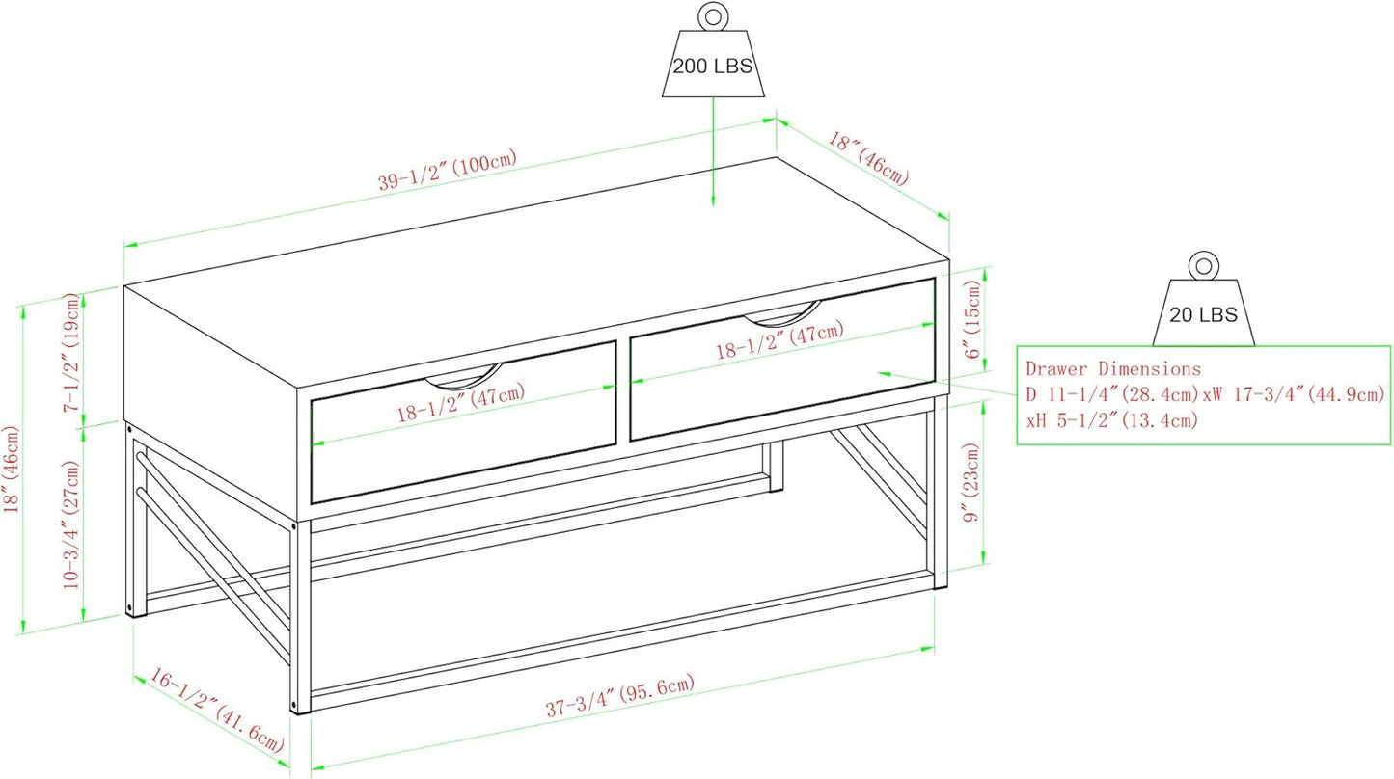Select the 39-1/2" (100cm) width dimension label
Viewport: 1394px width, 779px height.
pos(448,170)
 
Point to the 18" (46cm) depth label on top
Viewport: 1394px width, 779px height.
pos(867,158)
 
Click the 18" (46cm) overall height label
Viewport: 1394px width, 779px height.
pos(12,470)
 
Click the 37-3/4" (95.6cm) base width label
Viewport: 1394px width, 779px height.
pos(620,696)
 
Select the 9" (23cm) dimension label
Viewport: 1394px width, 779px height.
pos(971,482)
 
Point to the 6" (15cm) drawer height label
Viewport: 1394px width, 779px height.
pos(971,319)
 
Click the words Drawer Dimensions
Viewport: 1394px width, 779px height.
pos(1113,368)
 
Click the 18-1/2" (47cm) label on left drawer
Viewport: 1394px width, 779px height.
pos(461,402)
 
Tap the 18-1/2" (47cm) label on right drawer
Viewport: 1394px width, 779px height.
pos(779,339)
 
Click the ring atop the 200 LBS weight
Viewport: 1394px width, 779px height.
pos(713,15)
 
